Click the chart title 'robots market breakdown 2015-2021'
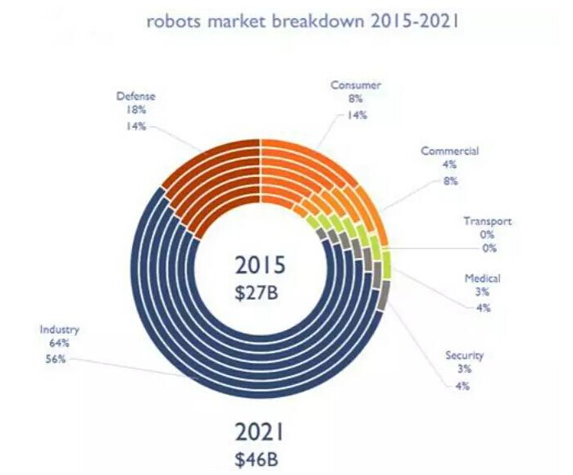(302, 21)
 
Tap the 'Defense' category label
(135, 97)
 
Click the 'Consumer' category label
(357, 85)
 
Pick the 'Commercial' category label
(449, 152)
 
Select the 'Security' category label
(464, 355)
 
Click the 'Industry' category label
(59, 330)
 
